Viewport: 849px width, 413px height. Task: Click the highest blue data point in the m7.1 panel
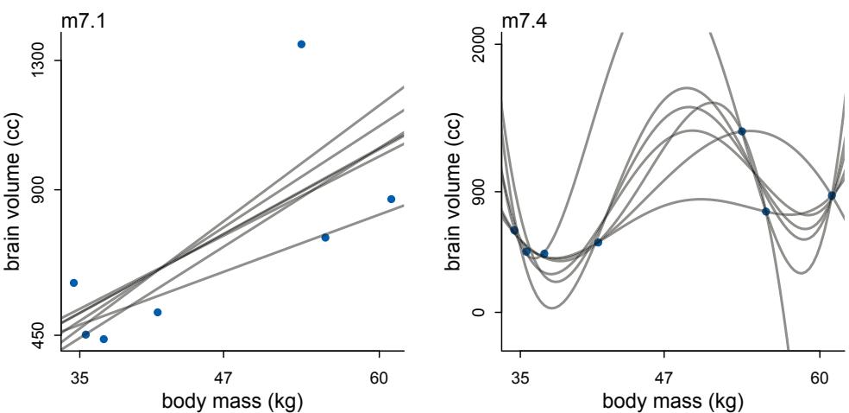(x=301, y=44)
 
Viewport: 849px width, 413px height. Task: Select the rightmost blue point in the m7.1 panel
(x=391, y=199)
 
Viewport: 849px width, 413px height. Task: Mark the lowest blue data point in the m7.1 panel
(x=104, y=339)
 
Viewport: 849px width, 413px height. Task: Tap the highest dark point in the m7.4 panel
(x=741, y=131)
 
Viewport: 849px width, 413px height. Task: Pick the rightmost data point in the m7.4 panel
(x=832, y=195)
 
